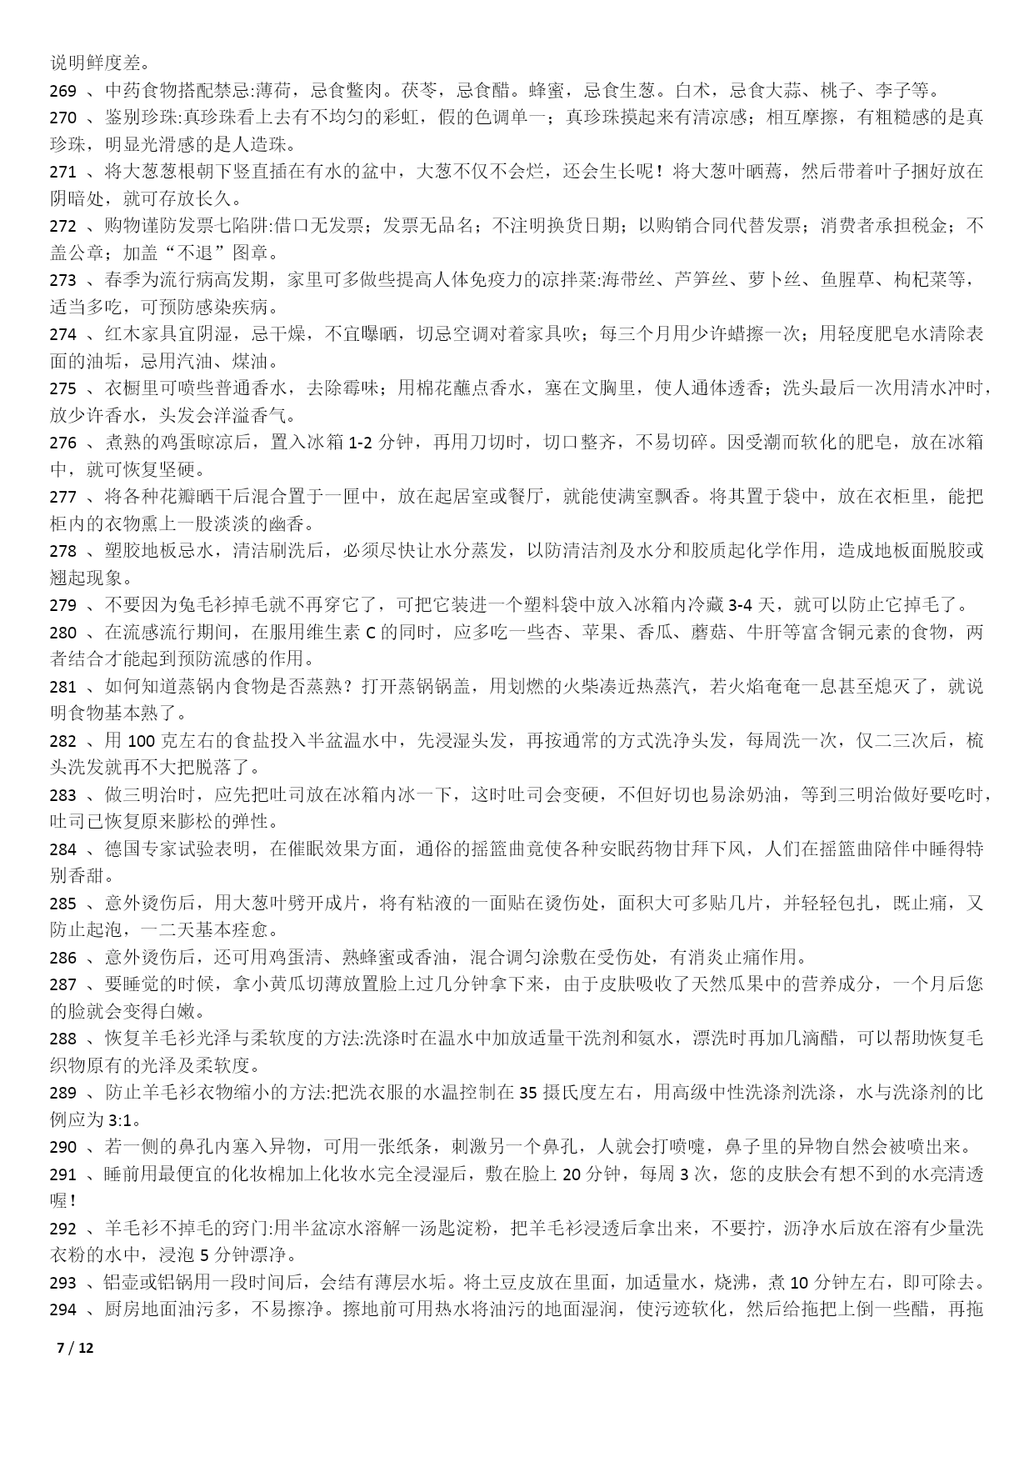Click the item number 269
pos(63,91)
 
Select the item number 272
pos(63,226)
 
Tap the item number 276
pos(63,443)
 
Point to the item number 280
pos(63,633)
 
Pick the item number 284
pos(63,849)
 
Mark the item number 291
pos(63,1174)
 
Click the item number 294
pos(63,1309)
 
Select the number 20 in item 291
pos(572,1174)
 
